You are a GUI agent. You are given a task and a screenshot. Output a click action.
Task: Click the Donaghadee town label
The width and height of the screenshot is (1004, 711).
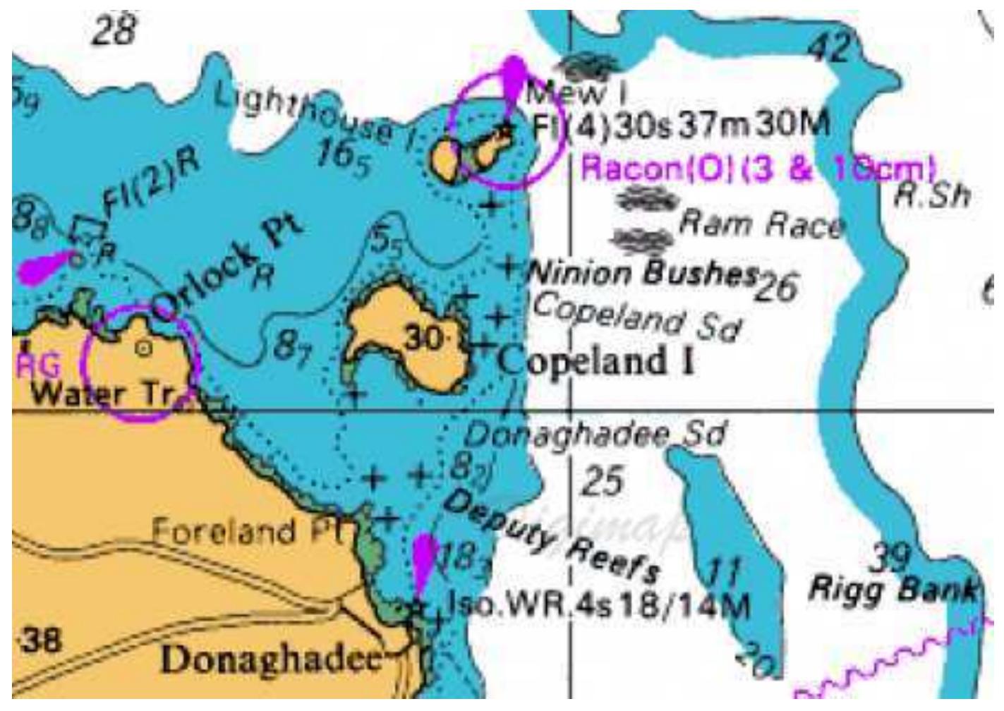(272, 660)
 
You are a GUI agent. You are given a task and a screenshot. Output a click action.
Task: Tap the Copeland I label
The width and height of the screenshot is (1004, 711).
(596, 360)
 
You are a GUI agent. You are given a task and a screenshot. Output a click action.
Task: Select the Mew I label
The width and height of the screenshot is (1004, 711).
(576, 92)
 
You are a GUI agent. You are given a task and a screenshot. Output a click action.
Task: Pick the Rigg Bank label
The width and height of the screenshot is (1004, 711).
(893, 589)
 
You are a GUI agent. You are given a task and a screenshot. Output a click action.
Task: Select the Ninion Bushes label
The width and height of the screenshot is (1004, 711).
(642, 272)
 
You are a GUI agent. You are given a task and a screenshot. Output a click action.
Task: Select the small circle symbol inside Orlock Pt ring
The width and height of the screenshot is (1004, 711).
(143, 347)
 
